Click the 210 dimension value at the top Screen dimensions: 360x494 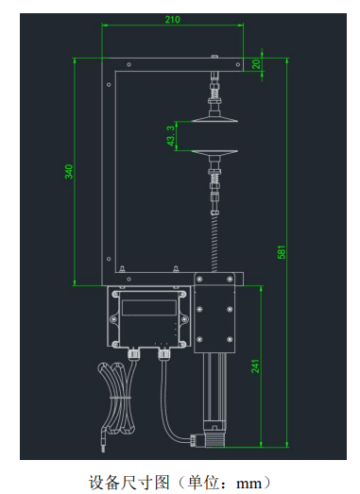(x=172, y=20)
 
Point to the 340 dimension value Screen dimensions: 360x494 (x=69, y=172)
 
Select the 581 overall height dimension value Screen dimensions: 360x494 (x=282, y=252)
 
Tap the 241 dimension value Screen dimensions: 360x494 (x=255, y=366)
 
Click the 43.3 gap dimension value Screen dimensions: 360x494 (x=170, y=136)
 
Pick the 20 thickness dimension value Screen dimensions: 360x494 (x=256, y=64)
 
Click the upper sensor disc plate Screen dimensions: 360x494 (x=214, y=119)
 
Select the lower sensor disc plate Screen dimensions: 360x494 (x=214, y=153)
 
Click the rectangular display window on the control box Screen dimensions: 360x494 (x=149, y=308)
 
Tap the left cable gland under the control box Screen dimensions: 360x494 (x=133, y=353)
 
